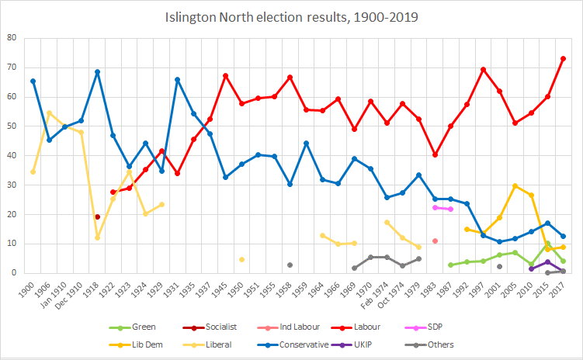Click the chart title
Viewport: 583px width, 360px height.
[x=291, y=16]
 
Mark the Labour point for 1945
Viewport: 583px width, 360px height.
[x=225, y=75]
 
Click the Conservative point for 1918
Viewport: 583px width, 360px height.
[x=97, y=71]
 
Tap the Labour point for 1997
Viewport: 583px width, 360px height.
[x=483, y=69]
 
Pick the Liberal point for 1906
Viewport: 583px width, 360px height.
[x=49, y=112]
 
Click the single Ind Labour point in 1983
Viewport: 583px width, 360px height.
[x=435, y=241]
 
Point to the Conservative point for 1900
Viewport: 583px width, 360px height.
[x=33, y=81]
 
